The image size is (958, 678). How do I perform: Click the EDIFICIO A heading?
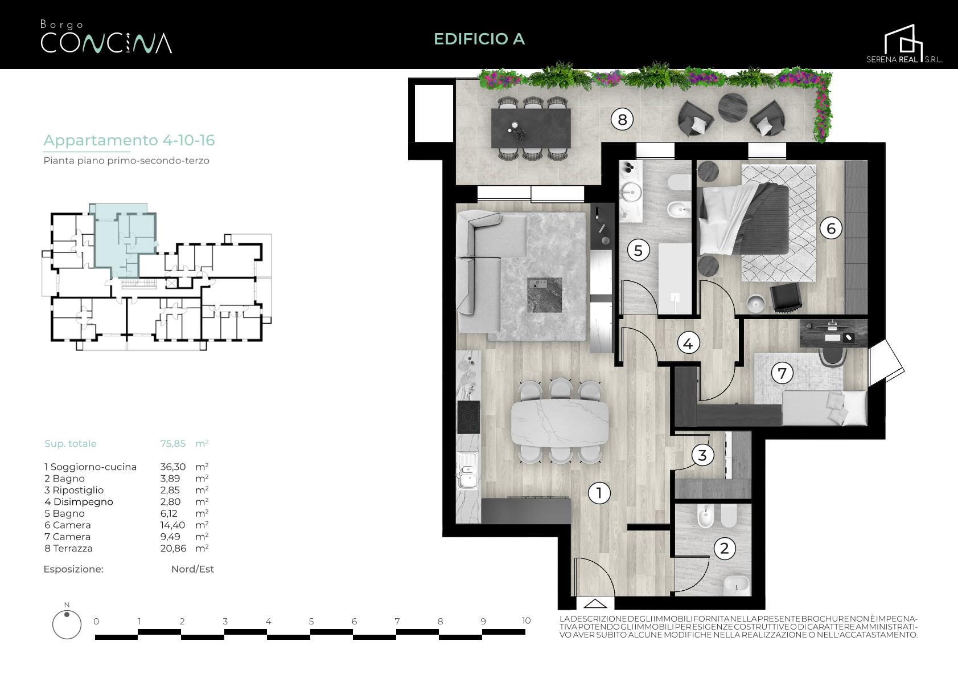pyautogui.click(x=479, y=39)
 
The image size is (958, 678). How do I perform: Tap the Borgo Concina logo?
pyautogui.click(x=106, y=37)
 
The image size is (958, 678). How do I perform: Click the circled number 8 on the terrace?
pyautogui.click(x=622, y=120)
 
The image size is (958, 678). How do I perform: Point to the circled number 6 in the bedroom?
pyautogui.click(x=831, y=228)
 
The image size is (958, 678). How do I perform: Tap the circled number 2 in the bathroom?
pyautogui.click(x=725, y=548)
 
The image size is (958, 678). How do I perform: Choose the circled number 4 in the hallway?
pyautogui.click(x=688, y=344)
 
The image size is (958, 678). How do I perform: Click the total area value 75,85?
pyautogui.click(x=173, y=443)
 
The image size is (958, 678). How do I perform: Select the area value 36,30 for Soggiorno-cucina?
pyautogui.click(x=173, y=467)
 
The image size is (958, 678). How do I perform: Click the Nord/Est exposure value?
pyautogui.click(x=192, y=569)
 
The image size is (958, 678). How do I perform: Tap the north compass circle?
pyautogui.click(x=67, y=624)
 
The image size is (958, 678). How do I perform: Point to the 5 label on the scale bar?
pyautogui.click(x=311, y=621)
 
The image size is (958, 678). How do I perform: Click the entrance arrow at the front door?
pyautogui.click(x=595, y=603)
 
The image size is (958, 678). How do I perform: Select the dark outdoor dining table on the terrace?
pyautogui.click(x=531, y=128)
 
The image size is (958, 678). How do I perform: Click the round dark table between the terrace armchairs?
pyautogui.click(x=733, y=108)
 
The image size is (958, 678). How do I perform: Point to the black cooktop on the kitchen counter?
pyautogui.click(x=468, y=417)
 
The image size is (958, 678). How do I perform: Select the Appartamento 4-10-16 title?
pyautogui.click(x=129, y=140)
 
